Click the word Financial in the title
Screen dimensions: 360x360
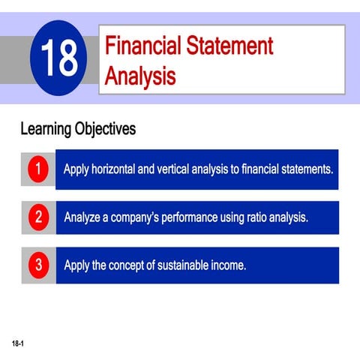145,46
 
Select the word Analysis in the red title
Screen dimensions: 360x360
141,76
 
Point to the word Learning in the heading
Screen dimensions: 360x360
46,129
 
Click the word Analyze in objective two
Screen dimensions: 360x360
83,218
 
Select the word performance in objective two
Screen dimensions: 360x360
190,218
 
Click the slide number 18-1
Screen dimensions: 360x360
17,343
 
